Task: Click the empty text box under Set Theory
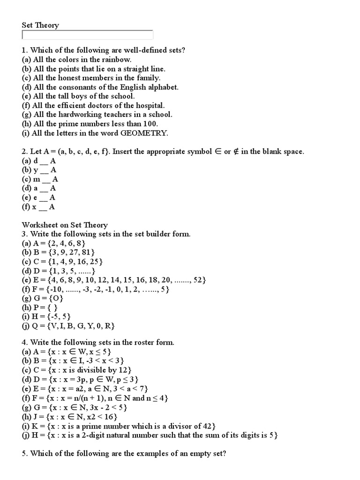87,35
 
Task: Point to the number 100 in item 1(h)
150,124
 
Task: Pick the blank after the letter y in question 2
45,170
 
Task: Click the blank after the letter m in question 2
47,179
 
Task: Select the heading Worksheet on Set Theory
65,225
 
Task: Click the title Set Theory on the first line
40,25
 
